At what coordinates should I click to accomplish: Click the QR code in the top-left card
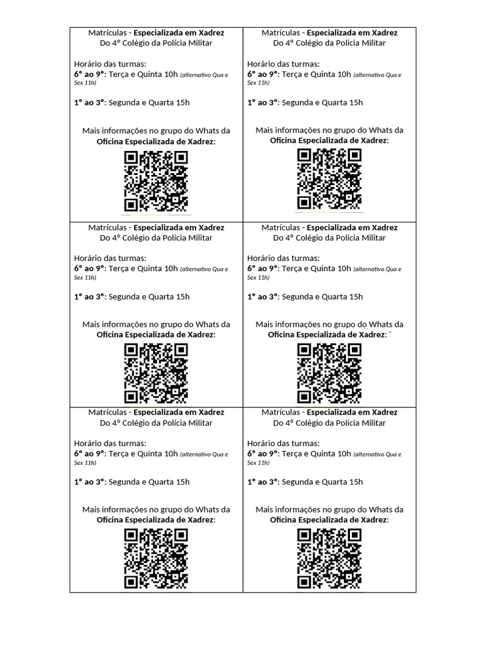(156, 181)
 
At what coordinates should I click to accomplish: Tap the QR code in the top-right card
(329, 179)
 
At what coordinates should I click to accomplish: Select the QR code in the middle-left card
(156, 373)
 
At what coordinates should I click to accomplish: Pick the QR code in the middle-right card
(329, 373)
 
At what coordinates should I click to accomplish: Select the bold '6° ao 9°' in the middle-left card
(89, 268)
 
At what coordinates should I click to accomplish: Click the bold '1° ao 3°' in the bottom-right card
(263, 482)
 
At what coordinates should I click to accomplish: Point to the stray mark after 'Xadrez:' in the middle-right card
(390, 332)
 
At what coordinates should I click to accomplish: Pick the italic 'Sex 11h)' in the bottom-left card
(85, 463)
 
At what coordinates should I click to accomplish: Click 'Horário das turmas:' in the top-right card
(283, 64)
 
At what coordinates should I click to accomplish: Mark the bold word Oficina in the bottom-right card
(283, 520)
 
